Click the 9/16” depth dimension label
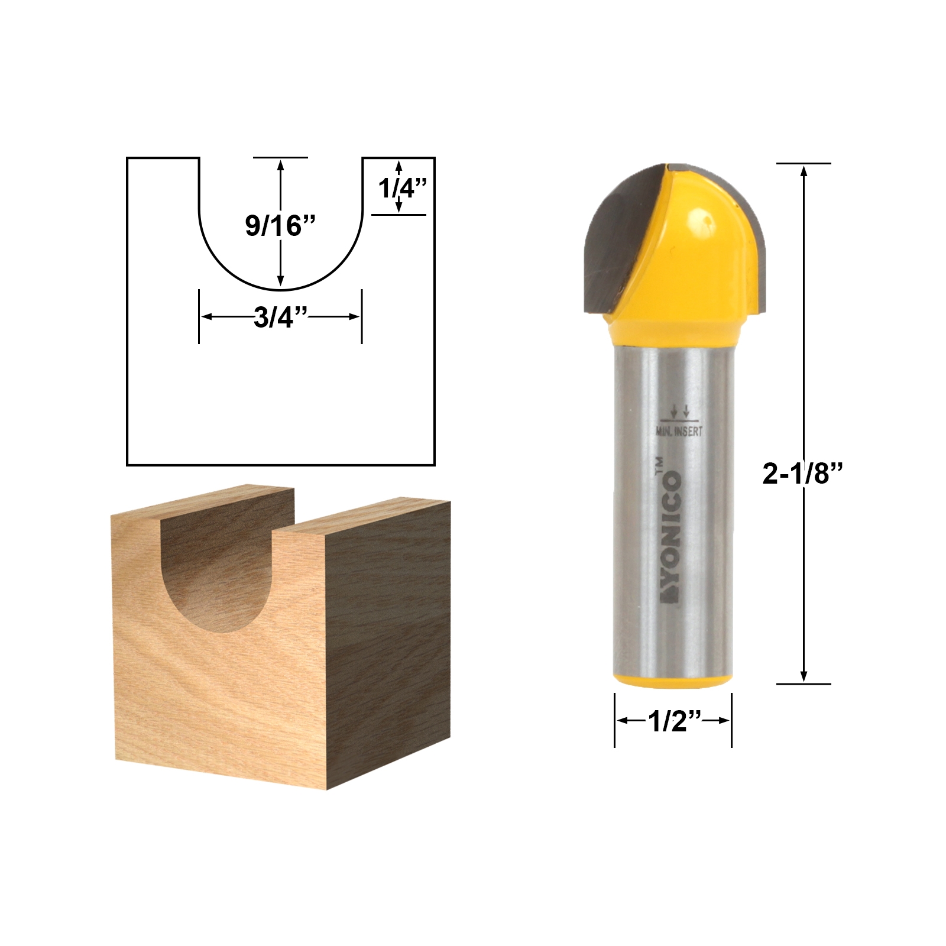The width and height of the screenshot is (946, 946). pos(280,225)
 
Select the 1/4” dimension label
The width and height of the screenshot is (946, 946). pos(402,189)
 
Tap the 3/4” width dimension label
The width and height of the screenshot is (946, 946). pos(281,318)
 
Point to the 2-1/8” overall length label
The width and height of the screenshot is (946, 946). pos(802,474)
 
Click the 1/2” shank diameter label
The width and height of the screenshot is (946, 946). pos(673,721)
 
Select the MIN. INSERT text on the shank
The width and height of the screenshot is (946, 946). pos(679,432)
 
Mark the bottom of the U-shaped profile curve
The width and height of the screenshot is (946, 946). pos(281,290)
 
